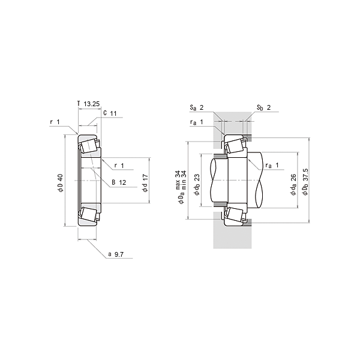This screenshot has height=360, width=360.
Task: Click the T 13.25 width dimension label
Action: [x=89, y=104]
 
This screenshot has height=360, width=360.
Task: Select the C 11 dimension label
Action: [x=110, y=113]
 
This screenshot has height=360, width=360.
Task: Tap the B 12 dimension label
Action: [x=119, y=182]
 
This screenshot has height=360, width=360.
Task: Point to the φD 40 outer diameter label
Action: [x=61, y=183]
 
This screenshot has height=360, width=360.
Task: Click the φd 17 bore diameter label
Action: [x=145, y=183]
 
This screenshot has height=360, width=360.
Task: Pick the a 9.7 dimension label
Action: [x=116, y=254]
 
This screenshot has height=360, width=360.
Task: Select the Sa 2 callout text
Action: [x=197, y=107]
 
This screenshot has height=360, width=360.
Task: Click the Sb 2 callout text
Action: [x=263, y=107]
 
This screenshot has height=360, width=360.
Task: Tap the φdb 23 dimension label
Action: [x=197, y=185]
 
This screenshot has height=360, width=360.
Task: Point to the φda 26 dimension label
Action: [x=293, y=185]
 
